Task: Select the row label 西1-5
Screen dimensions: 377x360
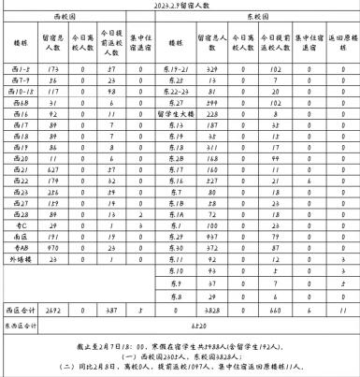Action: (17, 70)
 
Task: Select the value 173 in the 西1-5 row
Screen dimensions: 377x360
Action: (51, 70)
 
